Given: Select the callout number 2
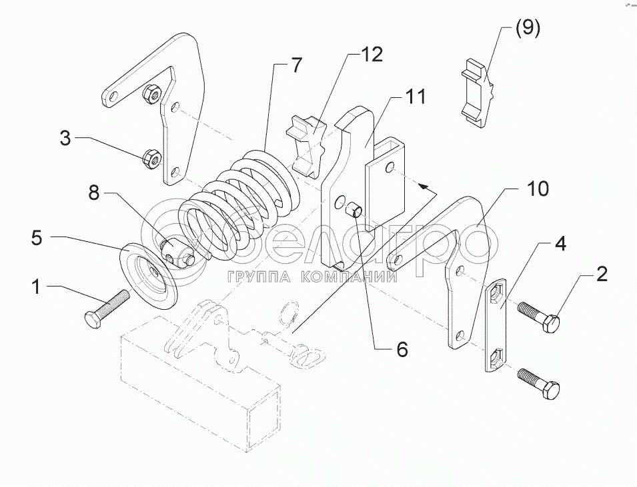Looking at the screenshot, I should tap(601, 274).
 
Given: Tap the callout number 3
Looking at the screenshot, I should tap(65, 139).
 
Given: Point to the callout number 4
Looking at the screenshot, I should tap(560, 244).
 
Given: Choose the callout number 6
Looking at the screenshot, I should tap(402, 348).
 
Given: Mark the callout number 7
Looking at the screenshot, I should tap(295, 65).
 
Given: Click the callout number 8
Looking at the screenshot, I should tap(93, 194).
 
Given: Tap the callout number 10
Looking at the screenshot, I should tap(538, 189).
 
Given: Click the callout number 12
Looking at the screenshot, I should tap(372, 55).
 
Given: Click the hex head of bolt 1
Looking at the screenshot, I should tap(92, 318).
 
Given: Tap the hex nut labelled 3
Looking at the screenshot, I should tap(150, 159).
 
